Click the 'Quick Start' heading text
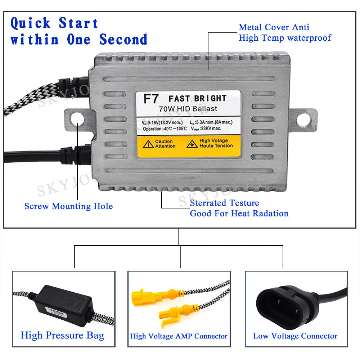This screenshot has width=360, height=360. coord(54,23)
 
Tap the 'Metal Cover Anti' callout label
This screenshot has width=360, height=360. coord(274,27)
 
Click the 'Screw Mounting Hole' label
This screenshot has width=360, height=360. coord(68,206)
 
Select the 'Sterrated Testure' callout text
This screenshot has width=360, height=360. coord(224,203)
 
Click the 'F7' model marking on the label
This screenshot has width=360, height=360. coord(151,99)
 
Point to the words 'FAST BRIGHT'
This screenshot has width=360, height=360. coord(197,99)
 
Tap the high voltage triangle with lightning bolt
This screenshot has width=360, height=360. coord(192,144)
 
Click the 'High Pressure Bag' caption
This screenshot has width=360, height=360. coord(62,335)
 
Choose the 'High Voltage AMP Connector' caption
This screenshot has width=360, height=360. coord(179,336)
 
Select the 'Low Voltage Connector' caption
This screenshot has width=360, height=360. coord(295,336)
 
